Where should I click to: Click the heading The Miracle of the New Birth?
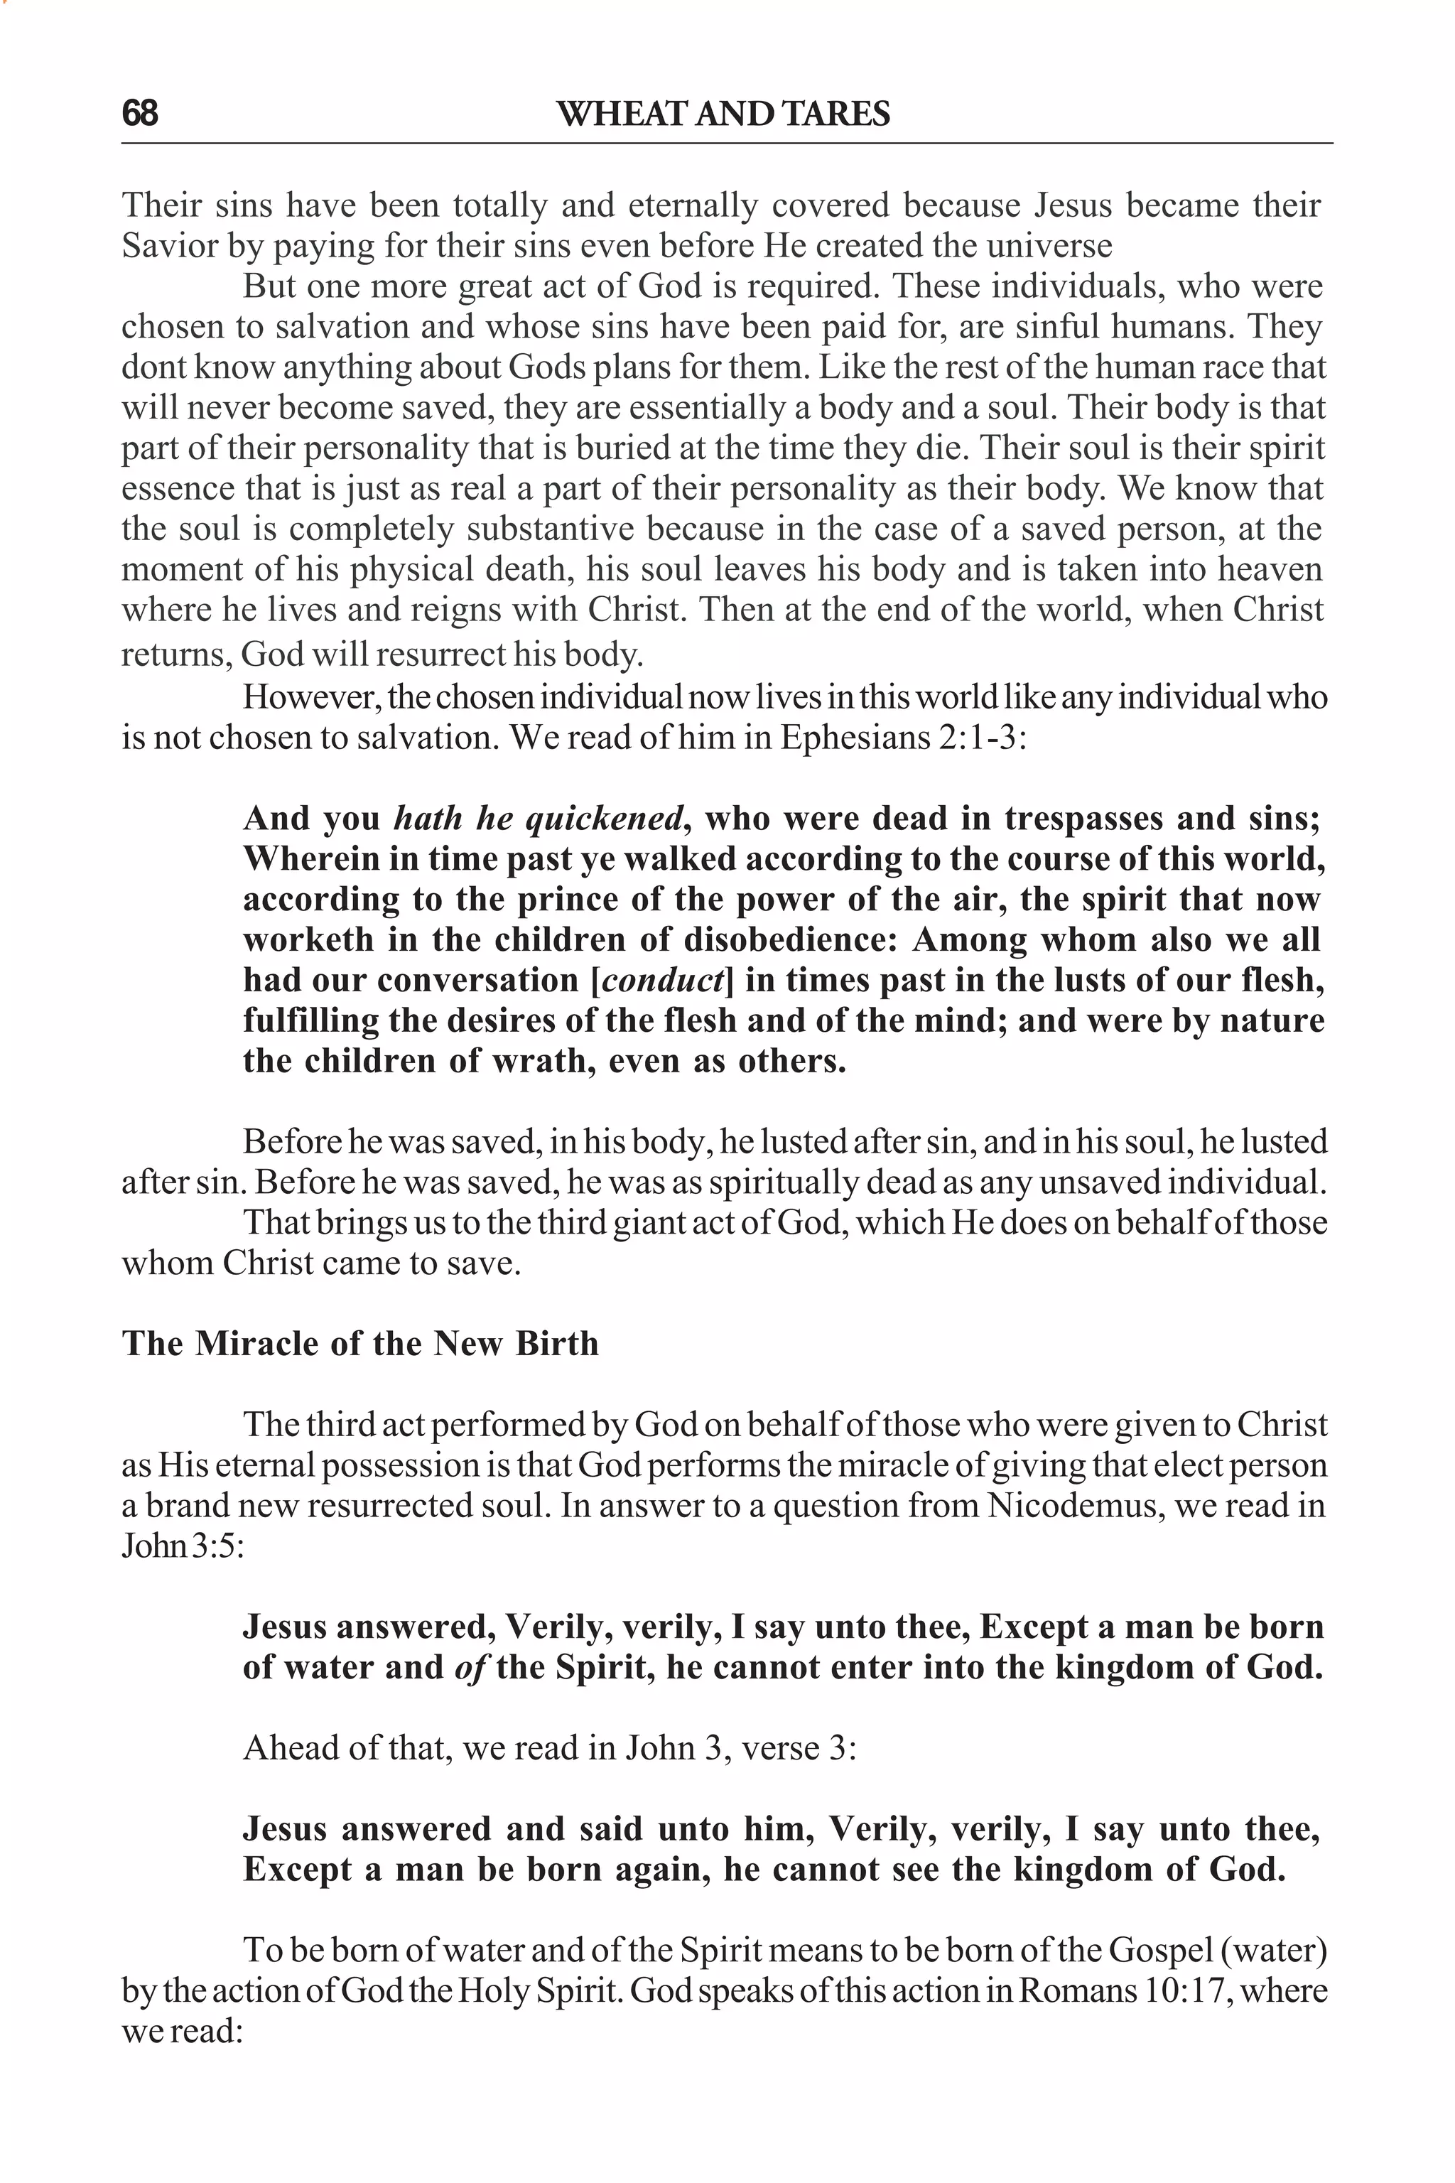(x=360, y=1343)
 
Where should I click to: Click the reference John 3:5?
(x=182, y=1546)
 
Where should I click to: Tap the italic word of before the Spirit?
(x=472, y=1668)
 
